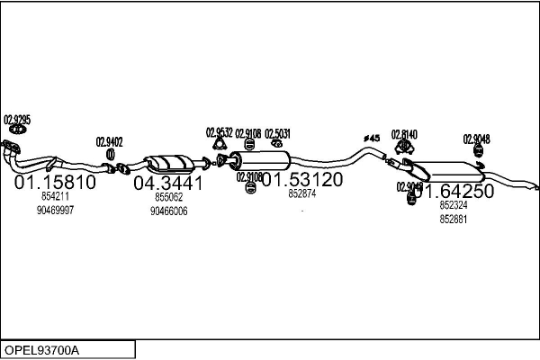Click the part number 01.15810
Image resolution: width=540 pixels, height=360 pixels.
[x=55, y=183]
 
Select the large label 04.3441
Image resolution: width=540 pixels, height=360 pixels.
[x=168, y=184]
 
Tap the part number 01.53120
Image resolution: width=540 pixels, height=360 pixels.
[x=301, y=180]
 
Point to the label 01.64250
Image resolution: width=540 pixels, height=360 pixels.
[x=454, y=192]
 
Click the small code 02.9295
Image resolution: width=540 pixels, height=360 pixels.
[x=17, y=119]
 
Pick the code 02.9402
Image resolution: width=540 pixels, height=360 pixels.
[x=110, y=141]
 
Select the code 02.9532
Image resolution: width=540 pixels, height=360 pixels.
[x=220, y=132]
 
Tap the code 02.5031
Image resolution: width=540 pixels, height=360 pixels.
[x=277, y=133]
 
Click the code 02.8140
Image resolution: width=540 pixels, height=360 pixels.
[x=404, y=134]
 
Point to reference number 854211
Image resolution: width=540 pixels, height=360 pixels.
[x=55, y=196]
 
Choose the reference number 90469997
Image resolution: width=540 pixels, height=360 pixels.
[x=55, y=210]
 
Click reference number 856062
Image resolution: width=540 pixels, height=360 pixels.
[x=168, y=197]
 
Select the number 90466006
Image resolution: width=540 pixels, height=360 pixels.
[x=168, y=211]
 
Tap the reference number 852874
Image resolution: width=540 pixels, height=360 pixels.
[x=301, y=193]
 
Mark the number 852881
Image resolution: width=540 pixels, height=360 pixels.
[x=454, y=219]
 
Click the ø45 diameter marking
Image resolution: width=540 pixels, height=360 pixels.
[x=372, y=138]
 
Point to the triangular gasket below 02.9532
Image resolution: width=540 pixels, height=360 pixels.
[x=220, y=148]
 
